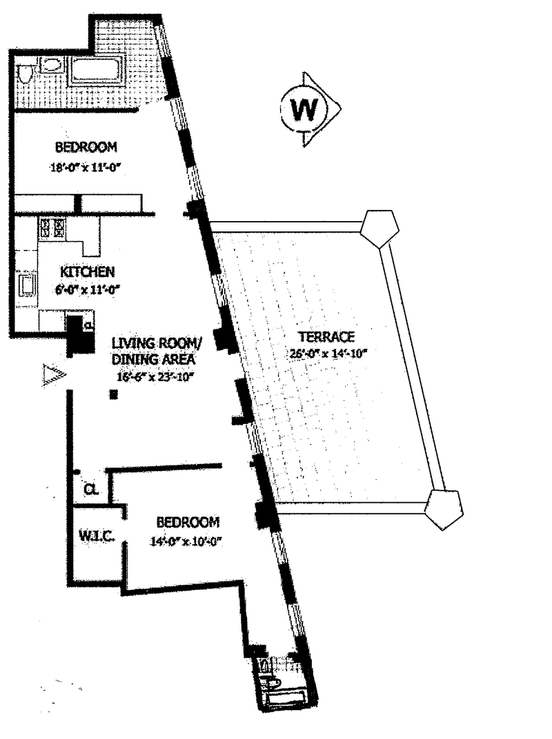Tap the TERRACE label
326,337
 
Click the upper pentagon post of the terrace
379,229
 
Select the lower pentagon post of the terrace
443,510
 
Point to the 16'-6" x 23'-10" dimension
156,377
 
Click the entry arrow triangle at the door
53,375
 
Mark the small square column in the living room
115,394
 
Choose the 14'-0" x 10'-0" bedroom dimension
188,541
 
